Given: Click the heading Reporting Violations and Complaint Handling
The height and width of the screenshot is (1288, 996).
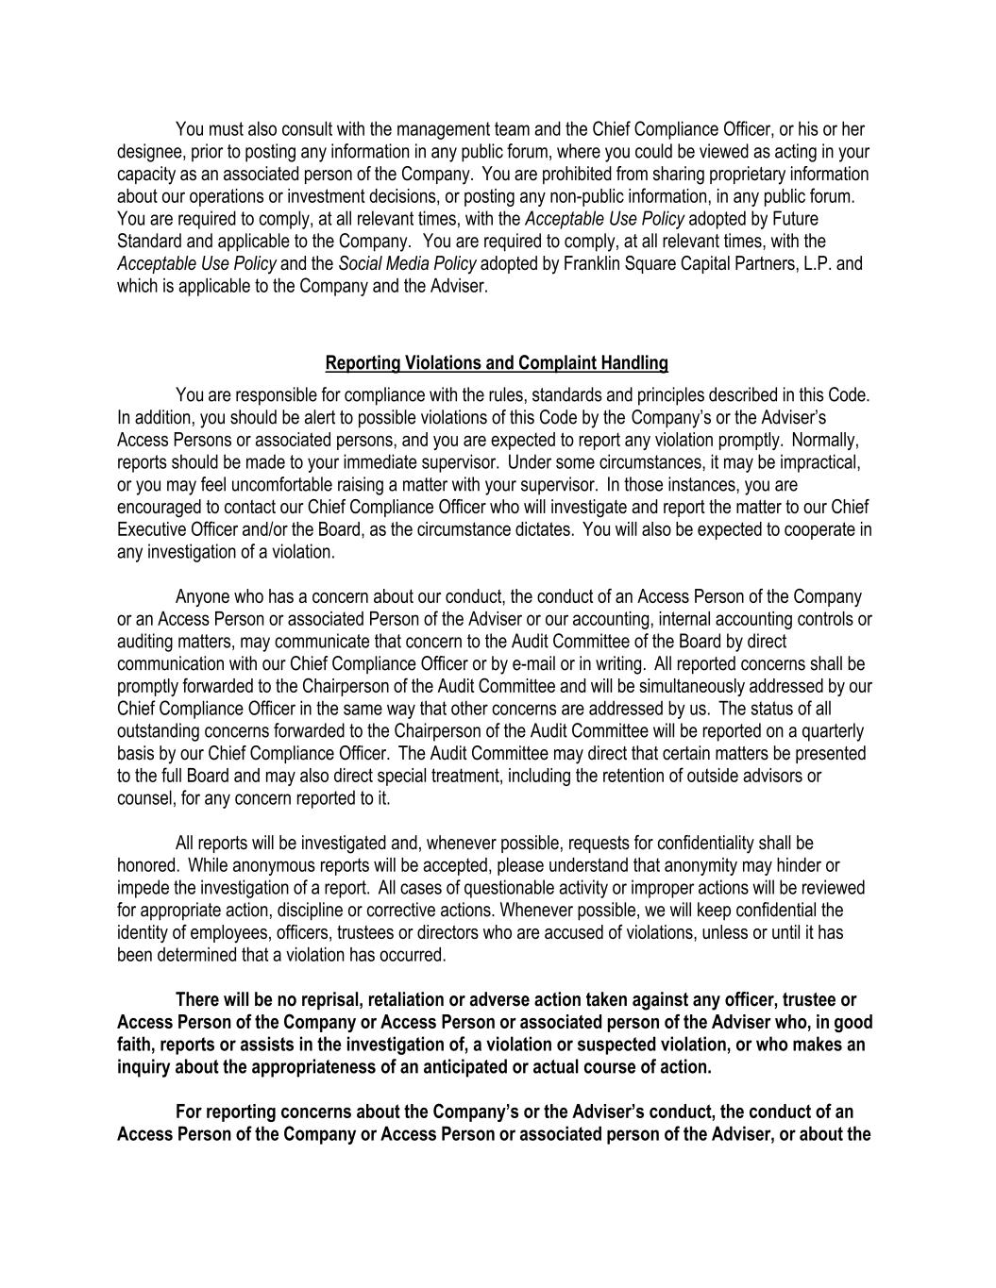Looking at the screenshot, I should (x=497, y=363).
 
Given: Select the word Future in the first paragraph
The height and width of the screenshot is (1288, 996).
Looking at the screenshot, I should (x=844, y=219).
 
